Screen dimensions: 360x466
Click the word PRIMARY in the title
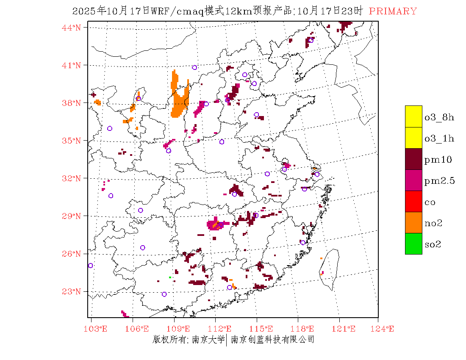pyautogui.click(x=393, y=11)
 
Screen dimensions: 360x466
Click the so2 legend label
pyautogui.click(x=433, y=244)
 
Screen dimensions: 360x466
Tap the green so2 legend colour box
pyautogui.click(x=413, y=244)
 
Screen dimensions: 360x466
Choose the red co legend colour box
pyautogui.click(x=413, y=201)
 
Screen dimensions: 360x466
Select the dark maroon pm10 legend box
pyautogui.click(x=413, y=159)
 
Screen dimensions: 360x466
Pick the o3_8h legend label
pyautogui.click(x=439, y=117)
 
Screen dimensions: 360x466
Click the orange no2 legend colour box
pyautogui.click(x=413, y=222)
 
